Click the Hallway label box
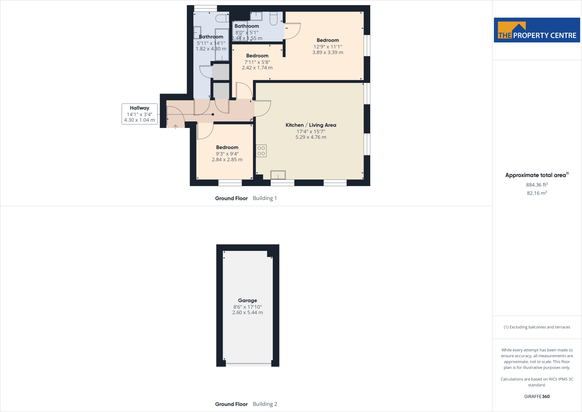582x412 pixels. tap(140, 114)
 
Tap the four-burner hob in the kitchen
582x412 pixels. tap(261, 151)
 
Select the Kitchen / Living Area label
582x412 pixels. tap(311, 125)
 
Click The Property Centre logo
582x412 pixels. tap(537, 30)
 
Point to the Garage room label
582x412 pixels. tap(248, 300)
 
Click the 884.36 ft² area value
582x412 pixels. tap(537, 185)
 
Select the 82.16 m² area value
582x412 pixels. tap(537, 193)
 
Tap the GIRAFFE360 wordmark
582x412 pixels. tap(537, 396)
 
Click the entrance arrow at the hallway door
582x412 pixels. tap(176, 127)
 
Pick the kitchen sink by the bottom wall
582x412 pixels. tap(278, 175)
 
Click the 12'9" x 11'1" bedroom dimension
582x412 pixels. tap(328, 47)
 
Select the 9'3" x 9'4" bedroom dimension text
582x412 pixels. tap(227, 154)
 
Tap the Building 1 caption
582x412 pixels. tap(265, 198)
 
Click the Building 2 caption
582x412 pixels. tap(265, 404)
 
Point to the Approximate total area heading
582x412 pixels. tap(536, 175)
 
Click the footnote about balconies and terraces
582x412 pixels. tap(537, 327)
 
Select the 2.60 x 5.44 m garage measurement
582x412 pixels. tap(248, 312)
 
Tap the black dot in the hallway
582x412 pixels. tap(213, 115)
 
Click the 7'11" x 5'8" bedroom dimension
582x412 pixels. tap(257, 62)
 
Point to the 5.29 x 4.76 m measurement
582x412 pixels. tap(311, 137)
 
